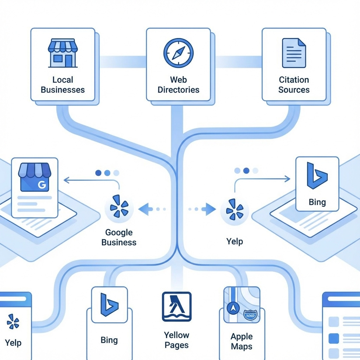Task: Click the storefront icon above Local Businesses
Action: [x=62, y=53]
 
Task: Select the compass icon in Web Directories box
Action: [x=178, y=53]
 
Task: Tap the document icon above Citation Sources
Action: [x=294, y=53]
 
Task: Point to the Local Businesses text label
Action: [x=63, y=85]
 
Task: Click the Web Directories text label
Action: [x=178, y=85]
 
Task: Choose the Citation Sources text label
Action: [x=294, y=85]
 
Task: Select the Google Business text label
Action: [x=119, y=237]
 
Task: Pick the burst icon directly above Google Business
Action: [x=119, y=208]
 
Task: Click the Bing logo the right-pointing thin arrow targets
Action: [x=317, y=175]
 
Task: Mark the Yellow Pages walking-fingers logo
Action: [x=176, y=306]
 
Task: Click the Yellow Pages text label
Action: [x=176, y=340]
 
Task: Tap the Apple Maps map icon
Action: [x=242, y=305]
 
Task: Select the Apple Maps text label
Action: [x=242, y=341]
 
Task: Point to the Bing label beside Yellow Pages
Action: [x=109, y=340]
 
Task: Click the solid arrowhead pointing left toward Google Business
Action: [x=143, y=209]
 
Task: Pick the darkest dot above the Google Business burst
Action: [x=98, y=173]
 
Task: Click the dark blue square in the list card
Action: [x=333, y=338]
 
